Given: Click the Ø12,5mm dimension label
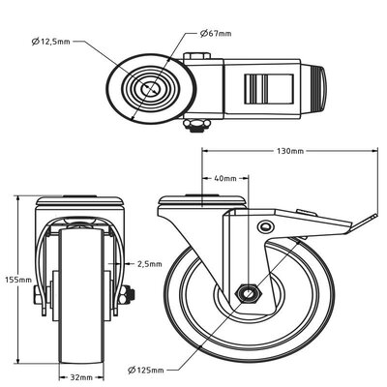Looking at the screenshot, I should (50, 43).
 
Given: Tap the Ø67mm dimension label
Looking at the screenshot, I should (217, 33).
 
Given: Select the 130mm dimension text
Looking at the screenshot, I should (289, 152).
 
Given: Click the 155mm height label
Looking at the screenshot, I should (17, 281).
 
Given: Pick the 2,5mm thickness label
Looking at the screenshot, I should (149, 262).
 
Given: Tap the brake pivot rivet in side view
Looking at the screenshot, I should (266, 225).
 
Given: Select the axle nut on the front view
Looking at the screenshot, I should (129, 296).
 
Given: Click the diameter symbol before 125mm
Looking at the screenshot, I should (131, 368).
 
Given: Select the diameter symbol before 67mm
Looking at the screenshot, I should (205, 33).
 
